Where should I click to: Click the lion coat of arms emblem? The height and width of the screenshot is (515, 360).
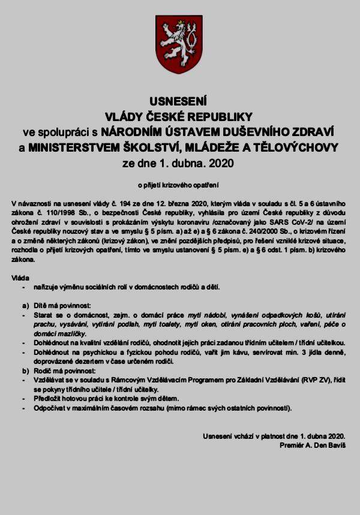[x=179, y=44]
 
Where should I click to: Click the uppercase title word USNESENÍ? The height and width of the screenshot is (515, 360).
[x=179, y=101]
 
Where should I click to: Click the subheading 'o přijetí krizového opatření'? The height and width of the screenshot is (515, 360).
[x=179, y=184]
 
